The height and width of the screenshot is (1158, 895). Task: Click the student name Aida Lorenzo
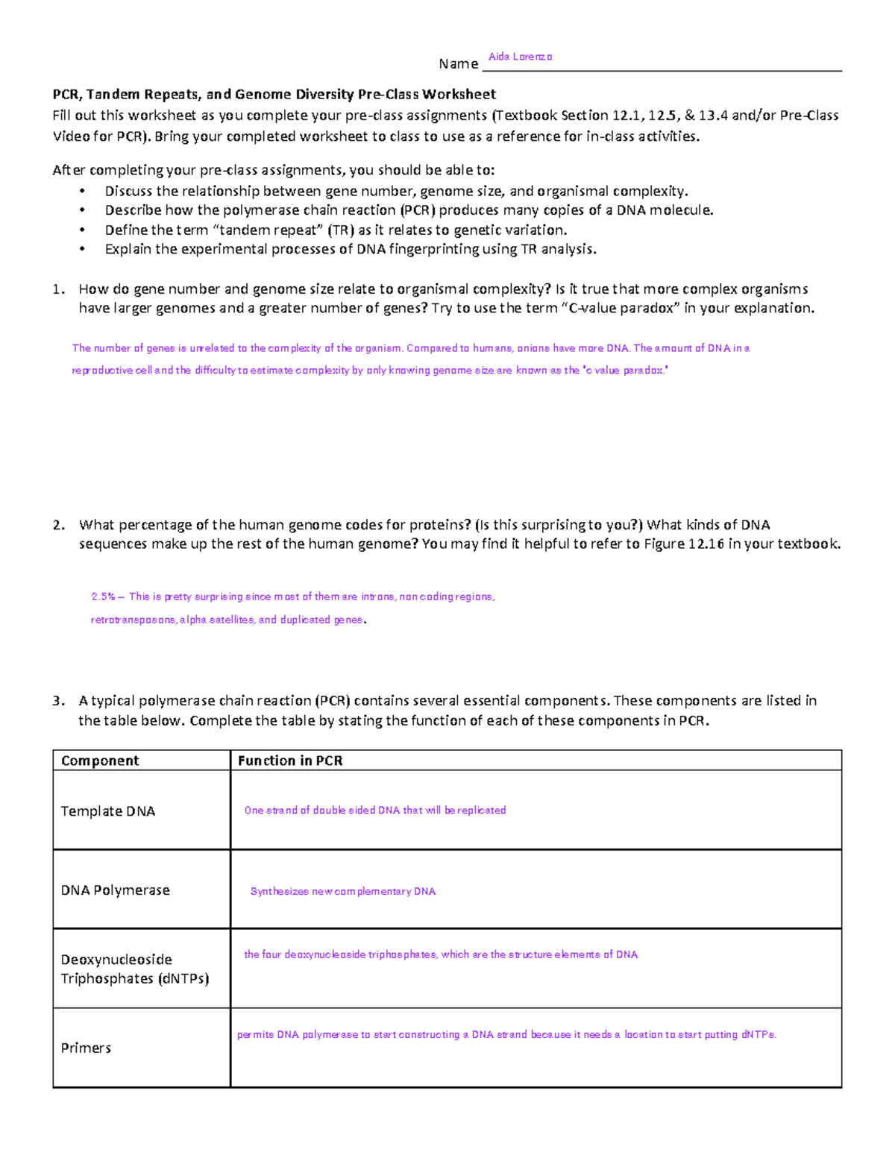(520, 57)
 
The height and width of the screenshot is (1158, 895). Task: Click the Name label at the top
(458, 64)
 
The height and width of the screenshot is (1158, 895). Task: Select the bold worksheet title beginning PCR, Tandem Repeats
(274, 95)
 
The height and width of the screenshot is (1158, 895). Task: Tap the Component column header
(100, 761)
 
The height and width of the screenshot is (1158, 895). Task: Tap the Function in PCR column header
(290, 761)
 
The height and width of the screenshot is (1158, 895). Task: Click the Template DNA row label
(108, 811)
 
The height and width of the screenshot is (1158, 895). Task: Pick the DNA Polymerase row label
(116, 890)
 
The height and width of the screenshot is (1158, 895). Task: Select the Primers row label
(86, 1048)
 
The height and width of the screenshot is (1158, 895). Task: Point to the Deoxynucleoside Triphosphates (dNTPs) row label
(134, 969)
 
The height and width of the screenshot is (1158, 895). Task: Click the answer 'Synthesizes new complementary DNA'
(343, 892)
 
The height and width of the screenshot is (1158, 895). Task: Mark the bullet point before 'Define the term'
(82, 230)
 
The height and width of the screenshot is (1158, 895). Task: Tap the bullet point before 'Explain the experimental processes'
(82, 250)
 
